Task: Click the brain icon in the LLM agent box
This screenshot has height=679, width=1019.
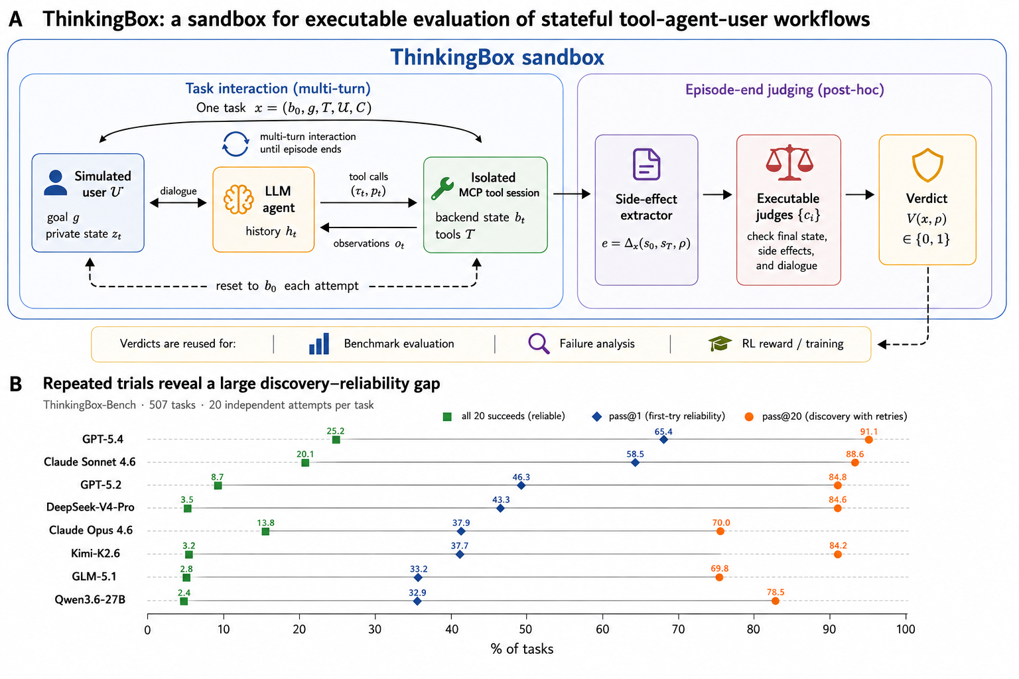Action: click(x=238, y=199)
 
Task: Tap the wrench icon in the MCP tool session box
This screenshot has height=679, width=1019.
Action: click(x=442, y=188)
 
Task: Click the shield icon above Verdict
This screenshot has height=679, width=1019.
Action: click(x=927, y=164)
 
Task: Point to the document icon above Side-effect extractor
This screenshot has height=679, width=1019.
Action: click(x=646, y=164)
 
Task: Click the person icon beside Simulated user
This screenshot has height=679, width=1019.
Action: click(x=56, y=183)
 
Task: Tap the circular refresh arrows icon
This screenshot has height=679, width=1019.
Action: click(x=236, y=144)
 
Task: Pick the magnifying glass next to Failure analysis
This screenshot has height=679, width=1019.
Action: click(x=539, y=343)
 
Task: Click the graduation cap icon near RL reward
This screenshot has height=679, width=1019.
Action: click(x=720, y=343)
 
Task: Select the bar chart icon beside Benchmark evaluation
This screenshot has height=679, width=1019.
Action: click(x=319, y=343)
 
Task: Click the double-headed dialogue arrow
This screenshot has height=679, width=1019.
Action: click(x=178, y=203)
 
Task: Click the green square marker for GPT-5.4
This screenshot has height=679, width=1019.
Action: click(x=336, y=440)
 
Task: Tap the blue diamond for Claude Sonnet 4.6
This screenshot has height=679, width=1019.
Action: click(x=636, y=463)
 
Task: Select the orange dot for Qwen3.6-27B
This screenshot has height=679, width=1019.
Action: click(x=775, y=601)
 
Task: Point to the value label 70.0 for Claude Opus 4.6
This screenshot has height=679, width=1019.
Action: click(x=721, y=523)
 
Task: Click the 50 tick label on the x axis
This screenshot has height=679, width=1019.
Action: click(x=526, y=629)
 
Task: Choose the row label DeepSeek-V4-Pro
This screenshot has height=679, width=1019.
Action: click(x=90, y=507)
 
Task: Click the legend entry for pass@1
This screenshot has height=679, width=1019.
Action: click(x=658, y=416)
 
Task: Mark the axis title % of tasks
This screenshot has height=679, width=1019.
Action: click(x=522, y=649)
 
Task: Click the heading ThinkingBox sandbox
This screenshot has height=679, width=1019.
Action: click(x=497, y=57)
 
